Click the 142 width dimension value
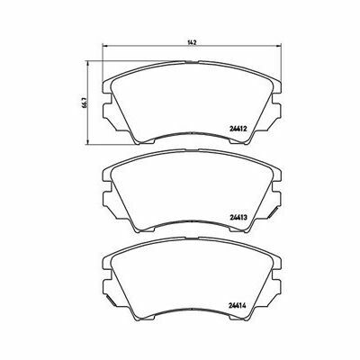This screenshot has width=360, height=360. pos(192,42)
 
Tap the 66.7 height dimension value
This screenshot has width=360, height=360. pos(85,103)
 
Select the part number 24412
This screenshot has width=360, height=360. pos(238,130)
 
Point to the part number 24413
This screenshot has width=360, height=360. pos(238,218)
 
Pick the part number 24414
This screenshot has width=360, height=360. pos(238,307)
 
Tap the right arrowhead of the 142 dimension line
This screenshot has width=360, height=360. pos(279,46)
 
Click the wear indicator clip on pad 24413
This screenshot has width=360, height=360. pos(273,211)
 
